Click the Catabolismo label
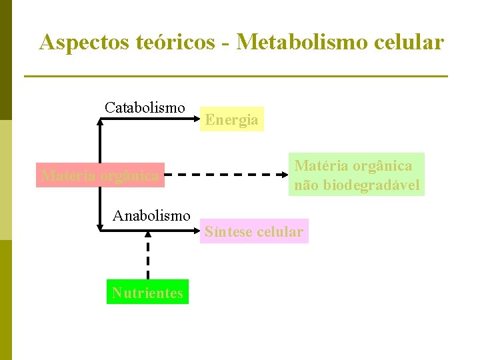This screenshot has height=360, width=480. [145, 107]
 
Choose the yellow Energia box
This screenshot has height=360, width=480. [232, 119]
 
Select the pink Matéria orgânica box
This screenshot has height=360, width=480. [100, 175]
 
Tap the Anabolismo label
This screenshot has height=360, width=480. [151, 215]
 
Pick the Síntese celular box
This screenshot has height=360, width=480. [254, 231]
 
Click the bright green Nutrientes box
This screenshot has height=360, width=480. [147, 293]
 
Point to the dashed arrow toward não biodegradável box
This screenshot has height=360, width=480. [227, 175]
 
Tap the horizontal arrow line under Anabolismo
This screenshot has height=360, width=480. [150, 231]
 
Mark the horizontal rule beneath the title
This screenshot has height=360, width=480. [235, 77]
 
